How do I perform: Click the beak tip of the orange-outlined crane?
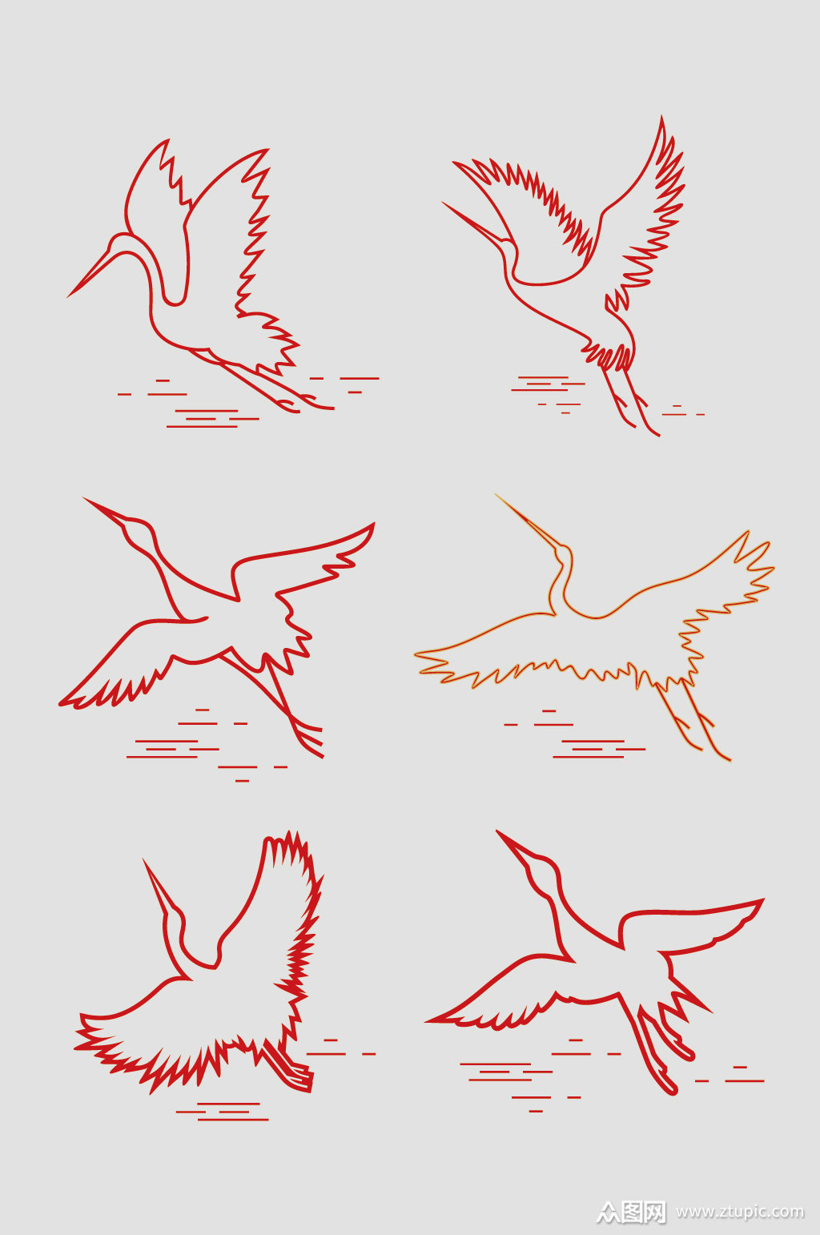tap(496, 494)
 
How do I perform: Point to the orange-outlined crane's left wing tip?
tap(416, 654)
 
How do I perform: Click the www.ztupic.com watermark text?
tap(740, 1211)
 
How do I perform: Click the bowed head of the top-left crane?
tap(125, 243)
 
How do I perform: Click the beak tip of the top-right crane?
tap(444, 203)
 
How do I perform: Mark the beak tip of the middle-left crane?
tap(85, 498)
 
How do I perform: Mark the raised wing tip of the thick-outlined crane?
tap(762, 900)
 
